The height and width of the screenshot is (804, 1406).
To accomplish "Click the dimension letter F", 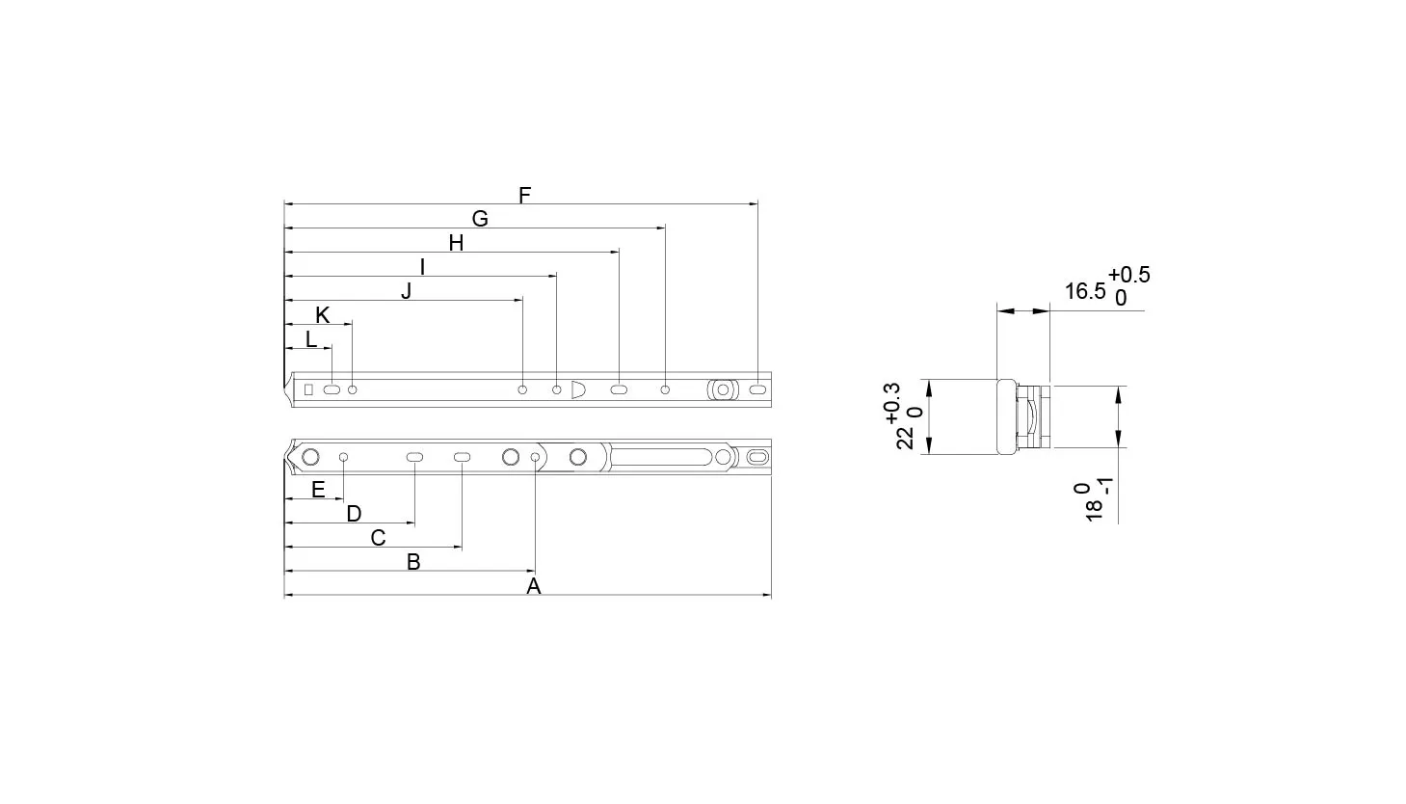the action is [525, 196].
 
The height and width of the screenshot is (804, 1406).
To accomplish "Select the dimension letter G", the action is [480, 219].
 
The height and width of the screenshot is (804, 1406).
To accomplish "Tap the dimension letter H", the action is [457, 243].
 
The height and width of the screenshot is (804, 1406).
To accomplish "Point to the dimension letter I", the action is [422, 267].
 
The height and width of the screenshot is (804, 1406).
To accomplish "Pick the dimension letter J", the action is [406, 291].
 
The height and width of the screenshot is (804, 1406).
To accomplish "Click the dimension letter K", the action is [323, 314].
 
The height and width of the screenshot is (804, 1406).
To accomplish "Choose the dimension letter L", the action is [310, 339].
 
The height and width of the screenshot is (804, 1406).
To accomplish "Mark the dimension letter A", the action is [534, 586].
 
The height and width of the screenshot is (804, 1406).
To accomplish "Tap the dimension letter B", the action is [413, 561].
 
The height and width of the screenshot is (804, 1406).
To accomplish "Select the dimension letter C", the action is [378, 538].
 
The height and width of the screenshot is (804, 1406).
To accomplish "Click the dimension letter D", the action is [354, 514].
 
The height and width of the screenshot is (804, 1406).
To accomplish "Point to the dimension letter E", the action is [318, 490].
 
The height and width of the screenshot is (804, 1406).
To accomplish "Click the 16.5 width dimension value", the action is [1085, 291].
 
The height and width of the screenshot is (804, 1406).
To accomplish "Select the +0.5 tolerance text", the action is [1129, 275].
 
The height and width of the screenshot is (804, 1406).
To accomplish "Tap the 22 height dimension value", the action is [905, 438].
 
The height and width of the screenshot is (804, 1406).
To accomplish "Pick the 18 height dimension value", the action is [1094, 510].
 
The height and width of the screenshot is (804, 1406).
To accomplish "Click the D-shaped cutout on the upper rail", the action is [578, 389].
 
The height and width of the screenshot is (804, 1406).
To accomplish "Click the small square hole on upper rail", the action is [308, 389].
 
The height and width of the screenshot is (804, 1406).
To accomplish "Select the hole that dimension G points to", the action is [665, 389].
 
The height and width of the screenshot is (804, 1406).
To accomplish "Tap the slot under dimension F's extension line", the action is [757, 389].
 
